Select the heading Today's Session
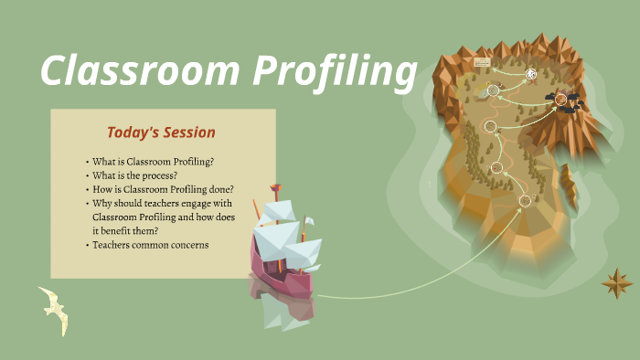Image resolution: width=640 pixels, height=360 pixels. [x=161, y=132]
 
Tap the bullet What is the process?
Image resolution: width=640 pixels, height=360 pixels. [x=134, y=175]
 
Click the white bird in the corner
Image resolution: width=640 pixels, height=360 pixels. [x=54, y=309]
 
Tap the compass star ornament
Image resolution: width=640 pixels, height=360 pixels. [x=617, y=283]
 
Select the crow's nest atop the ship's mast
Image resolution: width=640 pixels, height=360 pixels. [x=273, y=191]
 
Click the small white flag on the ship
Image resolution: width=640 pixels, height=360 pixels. [x=309, y=222]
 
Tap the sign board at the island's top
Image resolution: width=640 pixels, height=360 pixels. [x=482, y=62]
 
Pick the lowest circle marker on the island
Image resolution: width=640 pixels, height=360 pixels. [x=524, y=200]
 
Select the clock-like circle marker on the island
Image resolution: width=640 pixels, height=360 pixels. [x=531, y=75]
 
